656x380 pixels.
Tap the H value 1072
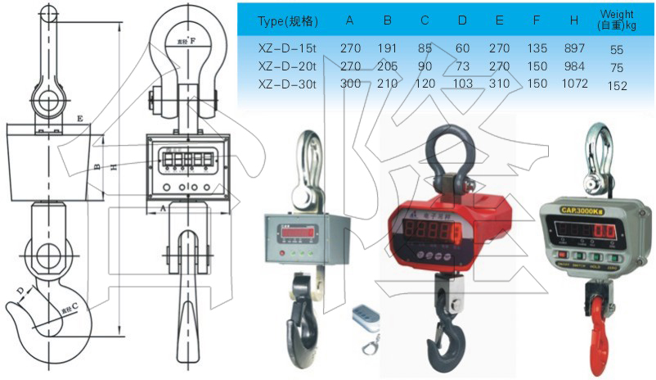[x=575, y=84]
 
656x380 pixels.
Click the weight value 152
[x=618, y=86]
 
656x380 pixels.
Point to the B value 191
[x=387, y=48]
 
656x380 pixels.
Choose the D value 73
[x=462, y=66]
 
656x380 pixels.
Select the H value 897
[x=575, y=48]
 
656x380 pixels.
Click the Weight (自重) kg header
[x=618, y=20]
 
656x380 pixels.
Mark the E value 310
[x=500, y=84]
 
